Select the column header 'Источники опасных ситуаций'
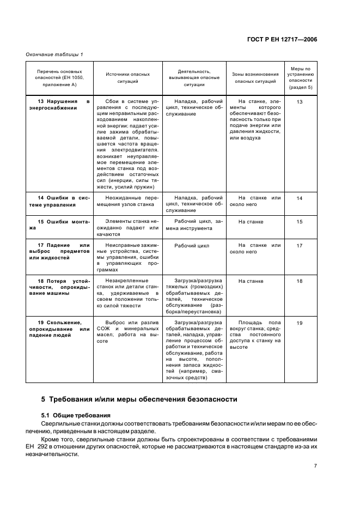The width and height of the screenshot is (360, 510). pos(127,77)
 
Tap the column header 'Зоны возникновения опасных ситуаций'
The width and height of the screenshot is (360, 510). pos(254,77)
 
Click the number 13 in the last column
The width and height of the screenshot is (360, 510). pos(299,102)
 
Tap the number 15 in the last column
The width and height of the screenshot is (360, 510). pos(299,222)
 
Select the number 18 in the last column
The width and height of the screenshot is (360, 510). pos(299,281)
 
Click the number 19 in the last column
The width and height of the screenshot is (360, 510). pos(299,323)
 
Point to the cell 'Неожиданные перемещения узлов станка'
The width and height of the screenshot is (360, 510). pos(127,201)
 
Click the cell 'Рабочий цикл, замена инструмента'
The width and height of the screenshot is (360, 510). pos(194,225)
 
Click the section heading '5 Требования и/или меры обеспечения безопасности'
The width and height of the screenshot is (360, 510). pos(136,399)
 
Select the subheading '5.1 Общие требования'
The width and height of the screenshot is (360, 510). pos(76,415)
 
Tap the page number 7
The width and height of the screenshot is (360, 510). pos(315,465)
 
